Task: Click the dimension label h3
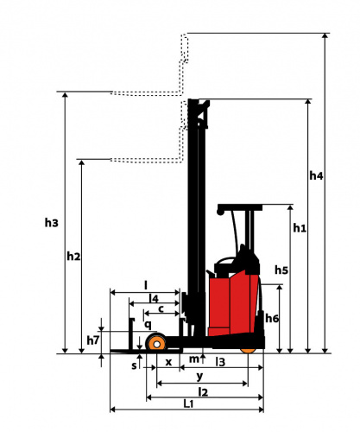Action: pyautogui.click(x=52, y=223)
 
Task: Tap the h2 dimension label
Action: pyautogui.click(x=73, y=256)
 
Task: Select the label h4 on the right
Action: pyautogui.click(x=316, y=175)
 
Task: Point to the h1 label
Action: pyautogui.click(x=300, y=228)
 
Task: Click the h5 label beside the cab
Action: pyautogui.click(x=281, y=270)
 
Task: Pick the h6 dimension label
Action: pyautogui.click(x=272, y=318)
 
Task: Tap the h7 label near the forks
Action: pyautogui.click(x=93, y=340)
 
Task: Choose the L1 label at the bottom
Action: pyautogui.click(x=188, y=403)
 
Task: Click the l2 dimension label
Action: pyautogui.click(x=203, y=391)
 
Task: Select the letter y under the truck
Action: pyautogui.click(x=199, y=377)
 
